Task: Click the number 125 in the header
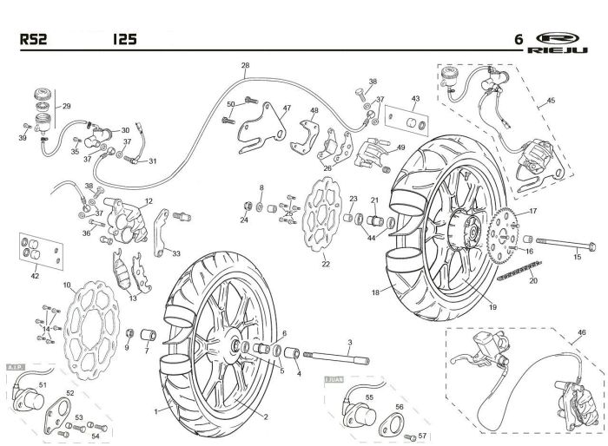click(122, 39)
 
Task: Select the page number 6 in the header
click(519, 39)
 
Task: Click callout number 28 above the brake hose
click(245, 66)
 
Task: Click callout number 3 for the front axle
click(349, 344)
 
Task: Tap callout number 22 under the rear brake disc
click(327, 265)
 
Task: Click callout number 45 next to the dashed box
click(574, 101)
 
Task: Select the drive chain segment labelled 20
click(516, 268)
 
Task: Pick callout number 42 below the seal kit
click(35, 277)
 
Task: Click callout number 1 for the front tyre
click(156, 409)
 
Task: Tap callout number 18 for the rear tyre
click(375, 292)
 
